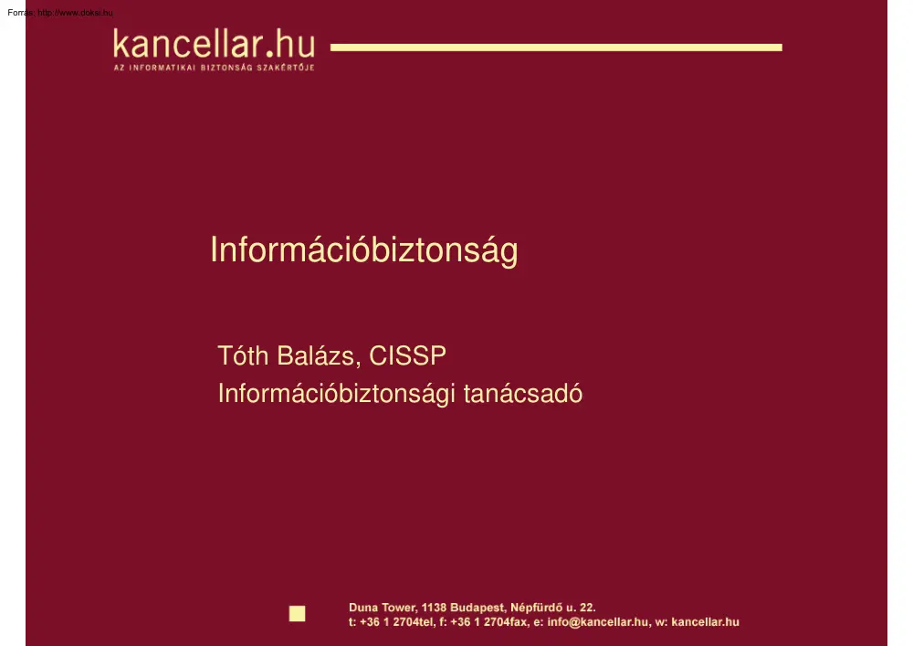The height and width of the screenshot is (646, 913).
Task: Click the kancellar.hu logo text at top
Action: [214, 44]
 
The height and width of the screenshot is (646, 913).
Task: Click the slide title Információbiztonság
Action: [363, 250]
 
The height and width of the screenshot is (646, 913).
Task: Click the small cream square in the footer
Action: [297, 613]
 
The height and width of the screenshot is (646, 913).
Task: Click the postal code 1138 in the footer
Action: [435, 607]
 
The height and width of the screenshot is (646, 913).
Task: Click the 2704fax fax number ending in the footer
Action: [505, 622]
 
